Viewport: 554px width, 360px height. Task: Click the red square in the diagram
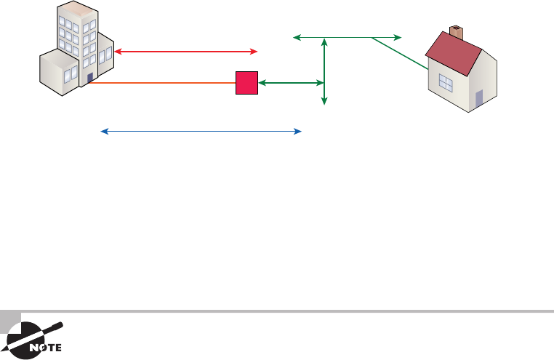246,84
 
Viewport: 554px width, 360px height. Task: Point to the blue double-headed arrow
201,132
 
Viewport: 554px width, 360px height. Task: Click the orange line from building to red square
160,84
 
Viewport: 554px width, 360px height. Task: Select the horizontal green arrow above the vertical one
347,36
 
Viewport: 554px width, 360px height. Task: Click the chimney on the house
457,32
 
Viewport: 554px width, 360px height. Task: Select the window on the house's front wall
446,83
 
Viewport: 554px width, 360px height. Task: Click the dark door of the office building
89,78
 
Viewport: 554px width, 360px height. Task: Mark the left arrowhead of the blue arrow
103,132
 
